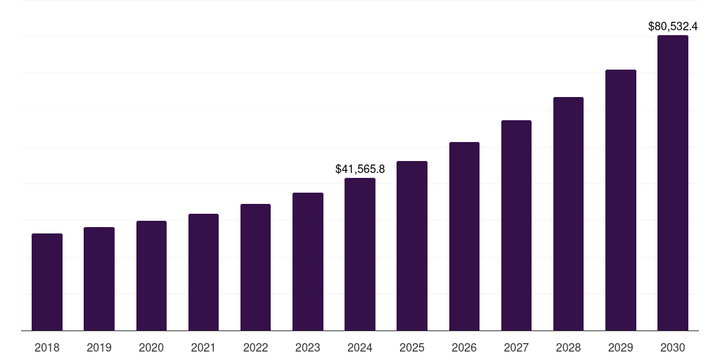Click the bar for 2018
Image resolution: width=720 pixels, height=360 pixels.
point(47,282)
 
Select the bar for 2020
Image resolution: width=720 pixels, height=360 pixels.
point(151,276)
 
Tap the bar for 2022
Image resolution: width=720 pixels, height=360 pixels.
point(255,267)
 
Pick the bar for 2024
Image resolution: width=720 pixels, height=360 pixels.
point(360,255)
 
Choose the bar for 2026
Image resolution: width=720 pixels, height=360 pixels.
point(464,236)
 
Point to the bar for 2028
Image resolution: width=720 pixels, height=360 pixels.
point(568,214)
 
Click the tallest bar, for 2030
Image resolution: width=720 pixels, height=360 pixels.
point(673,183)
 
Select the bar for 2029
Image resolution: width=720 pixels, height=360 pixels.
point(621,200)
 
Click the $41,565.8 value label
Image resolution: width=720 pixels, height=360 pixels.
point(360,169)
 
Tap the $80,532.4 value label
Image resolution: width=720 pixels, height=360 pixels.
point(673,27)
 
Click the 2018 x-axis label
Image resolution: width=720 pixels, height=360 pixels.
point(47,347)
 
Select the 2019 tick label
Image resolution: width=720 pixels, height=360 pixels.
point(99,347)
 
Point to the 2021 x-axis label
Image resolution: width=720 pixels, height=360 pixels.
point(203,347)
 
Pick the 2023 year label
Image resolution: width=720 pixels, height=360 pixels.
point(308,347)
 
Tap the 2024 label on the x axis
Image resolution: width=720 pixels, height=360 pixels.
point(360,347)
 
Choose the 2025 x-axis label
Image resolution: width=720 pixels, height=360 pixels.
point(412,347)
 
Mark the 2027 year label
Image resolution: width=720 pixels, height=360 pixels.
point(516,347)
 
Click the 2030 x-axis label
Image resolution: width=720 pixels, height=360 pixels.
point(673,347)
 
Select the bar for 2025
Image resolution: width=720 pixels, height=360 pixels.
point(412,246)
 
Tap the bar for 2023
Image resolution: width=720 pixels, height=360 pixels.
point(308,262)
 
